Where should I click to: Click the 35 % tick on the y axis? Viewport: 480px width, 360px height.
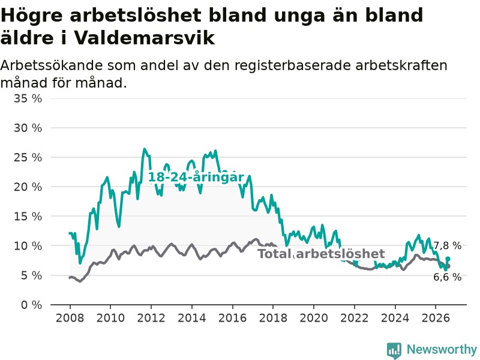click(x=28, y=98)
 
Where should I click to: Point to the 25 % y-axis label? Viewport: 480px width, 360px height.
click(x=28, y=158)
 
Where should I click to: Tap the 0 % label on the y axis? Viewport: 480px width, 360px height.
click(x=31, y=305)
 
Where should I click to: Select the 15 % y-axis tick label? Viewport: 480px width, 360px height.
click(x=28, y=217)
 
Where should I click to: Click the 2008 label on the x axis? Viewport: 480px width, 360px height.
click(x=70, y=318)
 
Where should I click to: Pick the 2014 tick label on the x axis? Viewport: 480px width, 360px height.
click(x=192, y=318)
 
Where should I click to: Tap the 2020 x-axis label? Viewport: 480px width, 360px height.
click(x=314, y=318)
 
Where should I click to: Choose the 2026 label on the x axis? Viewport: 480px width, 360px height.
click(x=436, y=318)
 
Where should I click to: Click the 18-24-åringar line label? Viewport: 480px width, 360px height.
click(x=196, y=177)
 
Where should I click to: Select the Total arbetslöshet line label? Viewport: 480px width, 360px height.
click(x=321, y=254)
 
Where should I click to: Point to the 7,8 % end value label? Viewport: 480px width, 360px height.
click(x=448, y=245)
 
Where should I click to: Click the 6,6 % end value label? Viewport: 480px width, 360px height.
click(x=448, y=277)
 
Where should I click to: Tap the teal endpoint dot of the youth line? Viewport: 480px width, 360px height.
click(x=448, y=259)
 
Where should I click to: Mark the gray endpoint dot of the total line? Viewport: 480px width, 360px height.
click(x=448, y=266)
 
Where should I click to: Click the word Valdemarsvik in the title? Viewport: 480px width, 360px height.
click(x=144, y=38)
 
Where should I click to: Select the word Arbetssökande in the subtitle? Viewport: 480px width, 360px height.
click(x=52, y=65)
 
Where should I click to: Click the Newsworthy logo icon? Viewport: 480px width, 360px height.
click(x=394, y=350)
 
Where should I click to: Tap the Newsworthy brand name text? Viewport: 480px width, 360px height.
click(x=442, y=349)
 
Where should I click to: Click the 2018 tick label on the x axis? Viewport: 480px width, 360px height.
click(x=273, y=318)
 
